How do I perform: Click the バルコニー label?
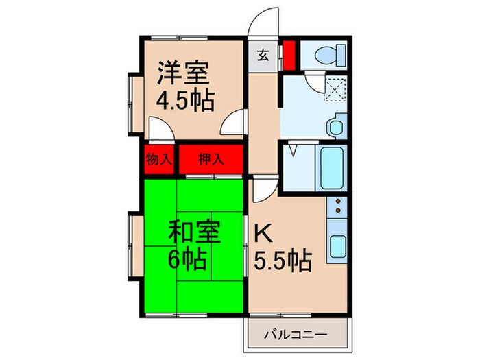click(x=296, y=335)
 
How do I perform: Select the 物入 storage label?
click(x=158, y=160)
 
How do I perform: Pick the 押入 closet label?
click(x=211, y=160)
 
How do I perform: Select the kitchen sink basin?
click(x=337, y=244)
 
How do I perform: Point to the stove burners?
click(x=338, y=205)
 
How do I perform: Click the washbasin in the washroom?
click(x=335, y=128)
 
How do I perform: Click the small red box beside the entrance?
click(x=289, y=56)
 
